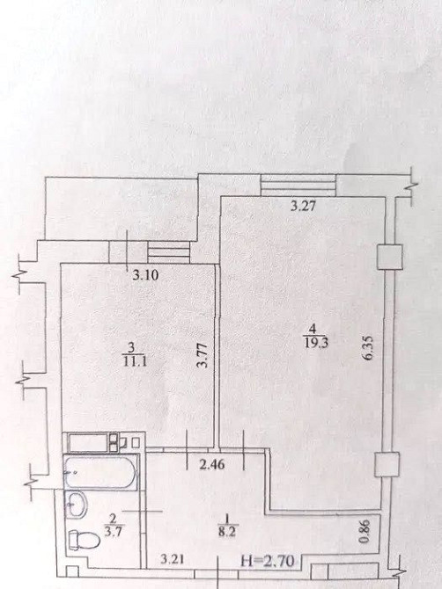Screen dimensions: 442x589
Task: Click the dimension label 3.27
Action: pyautogui.click(x=303, y=207)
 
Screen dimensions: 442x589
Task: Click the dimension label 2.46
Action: pyautogui.click(x=212, y=465)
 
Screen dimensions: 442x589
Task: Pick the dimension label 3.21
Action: pyautogui.click(x=173, y=560)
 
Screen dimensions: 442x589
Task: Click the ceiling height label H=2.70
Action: pyautogui.click(x=268, y=561)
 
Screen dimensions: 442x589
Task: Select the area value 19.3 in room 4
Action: pyautogui.click(x=313, y=343)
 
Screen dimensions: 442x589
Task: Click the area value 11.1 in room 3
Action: pyautogui.click(x=131, y=360)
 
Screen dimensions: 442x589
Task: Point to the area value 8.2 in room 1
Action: pyautogui.click(x=226, y=532)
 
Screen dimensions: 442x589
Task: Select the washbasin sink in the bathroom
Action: pyautogui.click(x=77, y=505)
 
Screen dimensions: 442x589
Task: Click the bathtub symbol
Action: pyautogui.click(x=100, y=472)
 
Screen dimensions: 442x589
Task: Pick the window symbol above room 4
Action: pyautogui.click(x=298, y=185)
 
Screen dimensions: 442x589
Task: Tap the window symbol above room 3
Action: pyautogui.click(x=169, y=252)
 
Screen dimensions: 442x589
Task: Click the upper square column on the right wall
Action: pyautogui.click(x=390, y=257)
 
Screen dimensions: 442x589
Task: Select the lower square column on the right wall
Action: pyautogui.click(x=387, y=464)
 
